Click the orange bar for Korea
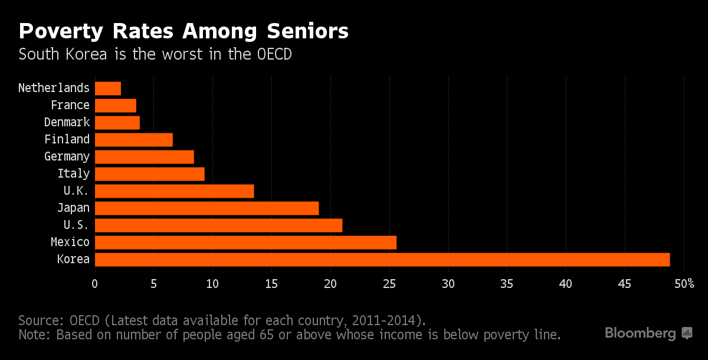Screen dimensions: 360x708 (x=382, y=260)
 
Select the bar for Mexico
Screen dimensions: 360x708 (x=245, y=243)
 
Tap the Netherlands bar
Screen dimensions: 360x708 (x=107, y=89)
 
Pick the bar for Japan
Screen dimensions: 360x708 (x=206, y=208)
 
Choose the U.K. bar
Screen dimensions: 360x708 (x=174, y=191)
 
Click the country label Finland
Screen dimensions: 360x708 (x=67, y=140)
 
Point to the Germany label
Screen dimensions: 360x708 (x=67, y=157)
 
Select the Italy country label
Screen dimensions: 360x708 (x=73, y=174)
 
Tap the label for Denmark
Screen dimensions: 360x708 (x=67, y=123)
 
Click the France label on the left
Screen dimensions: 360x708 (x=70, y=106)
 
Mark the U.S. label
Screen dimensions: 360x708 (x=76, y=225)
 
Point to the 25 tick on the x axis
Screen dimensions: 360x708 (x=389, y=284)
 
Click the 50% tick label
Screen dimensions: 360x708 (x=684, y=284)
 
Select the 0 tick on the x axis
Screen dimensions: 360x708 (x=94, y=284)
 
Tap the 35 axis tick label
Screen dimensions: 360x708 (x=507, y=284)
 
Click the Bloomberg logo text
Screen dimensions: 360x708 (x=640, y=333)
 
